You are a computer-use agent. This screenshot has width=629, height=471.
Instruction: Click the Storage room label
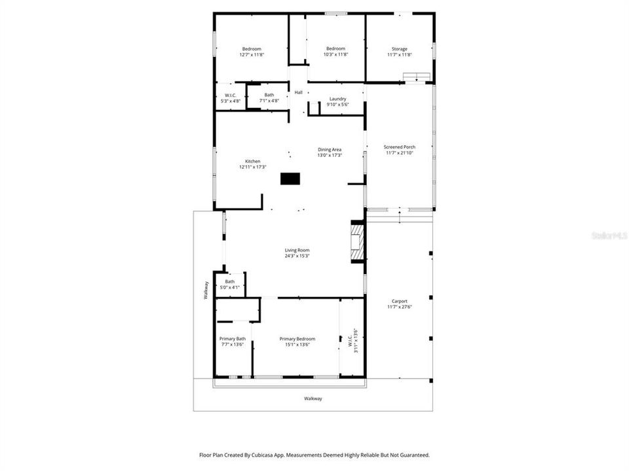400,49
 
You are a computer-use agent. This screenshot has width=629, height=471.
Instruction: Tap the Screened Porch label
400,147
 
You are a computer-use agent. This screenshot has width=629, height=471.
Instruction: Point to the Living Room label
297,250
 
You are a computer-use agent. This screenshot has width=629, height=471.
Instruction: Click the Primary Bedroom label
297,339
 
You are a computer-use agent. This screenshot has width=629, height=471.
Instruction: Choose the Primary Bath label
232,339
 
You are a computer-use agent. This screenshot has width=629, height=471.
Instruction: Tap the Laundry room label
338,99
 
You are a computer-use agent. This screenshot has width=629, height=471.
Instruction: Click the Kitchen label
253,162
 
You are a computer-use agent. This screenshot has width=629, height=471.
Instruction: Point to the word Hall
299,92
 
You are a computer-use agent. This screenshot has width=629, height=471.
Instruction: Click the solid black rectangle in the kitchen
290,179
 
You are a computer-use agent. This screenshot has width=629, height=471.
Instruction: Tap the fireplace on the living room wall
357,243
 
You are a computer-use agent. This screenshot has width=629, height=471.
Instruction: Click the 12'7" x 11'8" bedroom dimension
252,55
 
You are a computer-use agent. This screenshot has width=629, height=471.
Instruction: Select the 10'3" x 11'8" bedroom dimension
336,55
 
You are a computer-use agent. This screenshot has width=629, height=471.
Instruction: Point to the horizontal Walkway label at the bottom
313,398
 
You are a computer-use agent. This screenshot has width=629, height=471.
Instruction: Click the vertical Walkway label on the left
206,290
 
